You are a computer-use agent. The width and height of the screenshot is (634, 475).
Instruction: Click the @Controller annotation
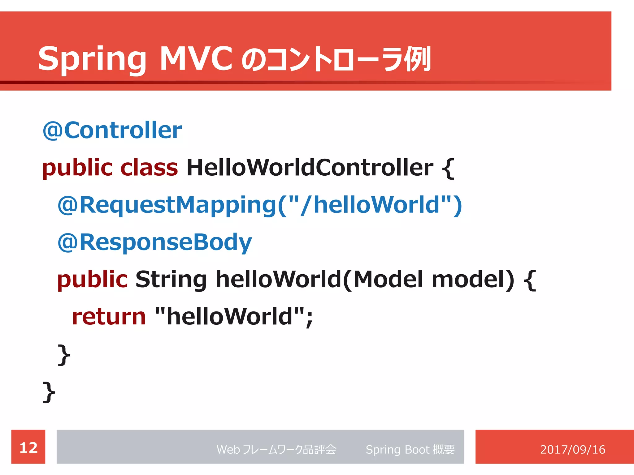pos(112,130)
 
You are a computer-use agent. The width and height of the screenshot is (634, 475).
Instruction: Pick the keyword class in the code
pos(149,168)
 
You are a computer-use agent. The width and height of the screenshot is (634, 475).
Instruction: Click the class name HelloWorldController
pos(310,168)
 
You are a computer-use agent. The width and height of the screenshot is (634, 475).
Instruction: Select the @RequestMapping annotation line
pos(259,205)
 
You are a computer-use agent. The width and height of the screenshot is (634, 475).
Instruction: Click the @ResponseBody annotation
pos(154,242)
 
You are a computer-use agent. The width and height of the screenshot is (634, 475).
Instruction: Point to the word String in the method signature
pos(171,279)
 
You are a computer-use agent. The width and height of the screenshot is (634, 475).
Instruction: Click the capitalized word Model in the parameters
pos(388,279)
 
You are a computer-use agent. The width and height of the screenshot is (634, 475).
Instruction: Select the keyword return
pos(109,317)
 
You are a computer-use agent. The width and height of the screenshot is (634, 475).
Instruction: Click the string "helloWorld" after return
pos(229,316)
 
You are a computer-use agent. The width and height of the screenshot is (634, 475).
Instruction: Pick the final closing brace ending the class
pos(49,392)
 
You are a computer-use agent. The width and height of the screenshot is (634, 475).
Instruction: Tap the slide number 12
pos(28,447)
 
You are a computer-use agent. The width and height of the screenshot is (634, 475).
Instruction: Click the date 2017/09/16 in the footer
pos(572,449)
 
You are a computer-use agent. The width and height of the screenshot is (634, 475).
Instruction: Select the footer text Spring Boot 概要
pos(410,449)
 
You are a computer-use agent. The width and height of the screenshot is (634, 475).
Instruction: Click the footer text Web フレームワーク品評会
pos(276,449)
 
